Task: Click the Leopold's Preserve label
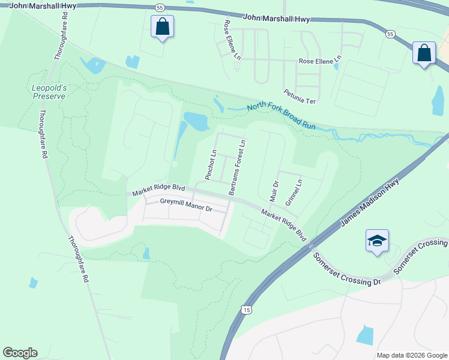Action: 49,91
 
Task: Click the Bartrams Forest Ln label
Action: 237,167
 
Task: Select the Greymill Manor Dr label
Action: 186,205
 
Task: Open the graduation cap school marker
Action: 377,241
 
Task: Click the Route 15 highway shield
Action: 246,310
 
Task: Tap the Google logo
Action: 20,353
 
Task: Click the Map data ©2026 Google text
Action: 411,355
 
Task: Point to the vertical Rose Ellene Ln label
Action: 232,40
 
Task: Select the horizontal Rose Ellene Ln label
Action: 320,61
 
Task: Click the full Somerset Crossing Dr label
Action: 348,268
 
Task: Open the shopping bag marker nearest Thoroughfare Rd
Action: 162,27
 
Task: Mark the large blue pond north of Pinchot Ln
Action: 196,121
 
